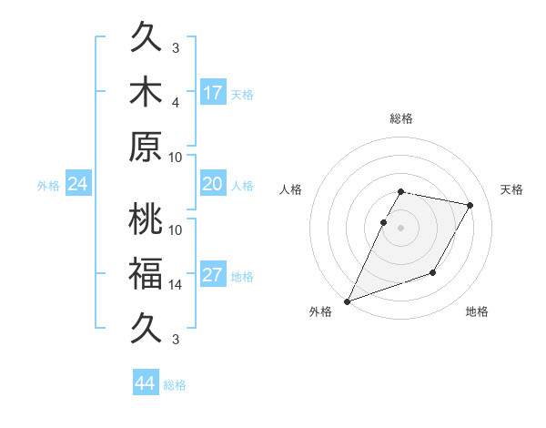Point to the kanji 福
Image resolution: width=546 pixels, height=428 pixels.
pyautogui.click(x=147, y=274)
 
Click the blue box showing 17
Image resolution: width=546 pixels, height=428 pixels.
pyautogui.click(x=213, y=93)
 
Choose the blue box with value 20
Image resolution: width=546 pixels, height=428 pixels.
pyautogui.click(x=213, y=184)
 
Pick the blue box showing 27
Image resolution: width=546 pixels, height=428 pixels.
pyautogui.click(x=213, y=275)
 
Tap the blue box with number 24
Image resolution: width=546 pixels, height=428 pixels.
pyautogui.click(x=78, y=184)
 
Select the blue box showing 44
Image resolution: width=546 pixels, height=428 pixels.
pyautogui.click(x=146, y=383)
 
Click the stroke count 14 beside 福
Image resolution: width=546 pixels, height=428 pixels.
pyautogui.click(x=176, y=285)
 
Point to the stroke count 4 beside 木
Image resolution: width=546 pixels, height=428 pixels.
pyautogui.click(x=176, y=102)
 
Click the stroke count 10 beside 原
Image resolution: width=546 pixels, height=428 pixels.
pyautogui.click(x=176, y=157)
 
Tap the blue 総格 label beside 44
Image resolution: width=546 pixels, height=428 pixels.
pyautogui.click(x=175, y=385)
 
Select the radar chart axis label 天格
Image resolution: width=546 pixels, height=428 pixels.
pyautogui.click(x=511, y=189)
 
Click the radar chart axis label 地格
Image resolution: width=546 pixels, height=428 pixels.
pyautogui.click(x=477, y=312)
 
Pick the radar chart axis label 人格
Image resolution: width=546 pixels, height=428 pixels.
pyautogui.click(x=291, y=189)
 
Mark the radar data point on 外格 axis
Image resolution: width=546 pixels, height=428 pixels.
pyautogui.click(x=347, y=301)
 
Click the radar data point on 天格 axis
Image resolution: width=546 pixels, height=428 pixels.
pyautogui.click(x=470, y=206)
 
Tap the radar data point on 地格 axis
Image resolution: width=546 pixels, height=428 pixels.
pyautogui.click(x=434, y=272)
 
